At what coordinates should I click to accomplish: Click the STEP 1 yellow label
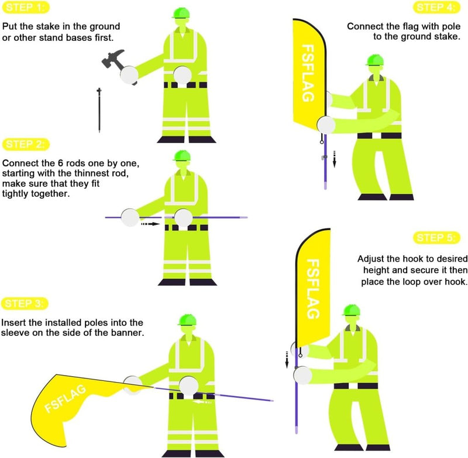tap(26, 8)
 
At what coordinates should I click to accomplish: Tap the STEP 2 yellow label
tap(26, 144)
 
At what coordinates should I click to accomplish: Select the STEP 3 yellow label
tap(25, 304)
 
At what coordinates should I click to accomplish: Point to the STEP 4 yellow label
tap(436, 8)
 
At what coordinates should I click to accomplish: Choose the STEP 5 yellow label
tap(436, 238)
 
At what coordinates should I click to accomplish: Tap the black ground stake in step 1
tap(99, 110)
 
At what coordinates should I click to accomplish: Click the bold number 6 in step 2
tap(61, 164)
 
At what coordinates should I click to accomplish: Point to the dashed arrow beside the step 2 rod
tap(150, 224)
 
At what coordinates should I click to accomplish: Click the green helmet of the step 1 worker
tap(181, 12)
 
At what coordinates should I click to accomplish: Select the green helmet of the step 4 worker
tap(375, 60)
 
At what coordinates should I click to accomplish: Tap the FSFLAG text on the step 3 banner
tap(65, 399)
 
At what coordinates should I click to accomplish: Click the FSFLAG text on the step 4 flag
tap(308, 73)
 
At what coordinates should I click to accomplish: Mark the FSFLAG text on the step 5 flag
tap(313, 289)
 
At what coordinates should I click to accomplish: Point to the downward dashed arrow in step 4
tap(335, 159)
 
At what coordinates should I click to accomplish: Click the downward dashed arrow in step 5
tap(287, 360)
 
